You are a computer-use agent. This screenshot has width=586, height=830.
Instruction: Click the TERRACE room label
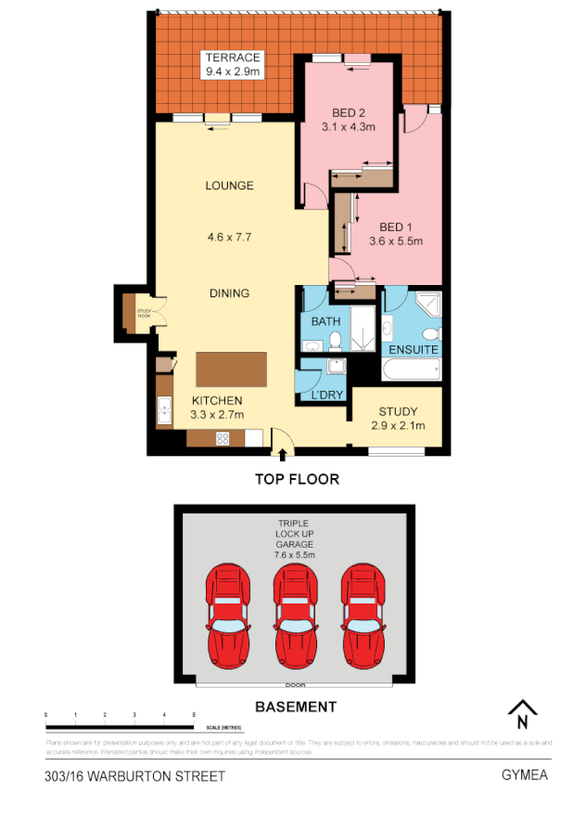click(x=232, y=58)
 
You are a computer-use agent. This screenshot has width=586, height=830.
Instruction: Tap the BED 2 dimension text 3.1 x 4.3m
click(x=348, y=127)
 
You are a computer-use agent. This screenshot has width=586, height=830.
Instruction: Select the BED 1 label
click(x=396, y=227)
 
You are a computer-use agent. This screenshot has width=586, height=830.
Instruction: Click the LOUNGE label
click(x=230, y=186)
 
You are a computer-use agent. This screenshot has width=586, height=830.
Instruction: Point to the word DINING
click(x=229, y=293)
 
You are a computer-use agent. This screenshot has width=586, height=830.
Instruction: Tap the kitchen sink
click(x=165, y=409)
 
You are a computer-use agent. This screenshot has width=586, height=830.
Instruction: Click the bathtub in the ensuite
click(x=413, y=370)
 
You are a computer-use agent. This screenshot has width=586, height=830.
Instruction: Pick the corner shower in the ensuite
click(x=427, y=305)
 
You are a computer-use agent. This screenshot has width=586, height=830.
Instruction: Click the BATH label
click(x=325, y=322)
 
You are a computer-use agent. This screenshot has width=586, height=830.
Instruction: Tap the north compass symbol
click(x=523, y=714)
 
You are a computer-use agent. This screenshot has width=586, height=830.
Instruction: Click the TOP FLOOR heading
click(x=297, y=480)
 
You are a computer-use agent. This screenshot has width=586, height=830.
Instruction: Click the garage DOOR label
click(x=295, y=685)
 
